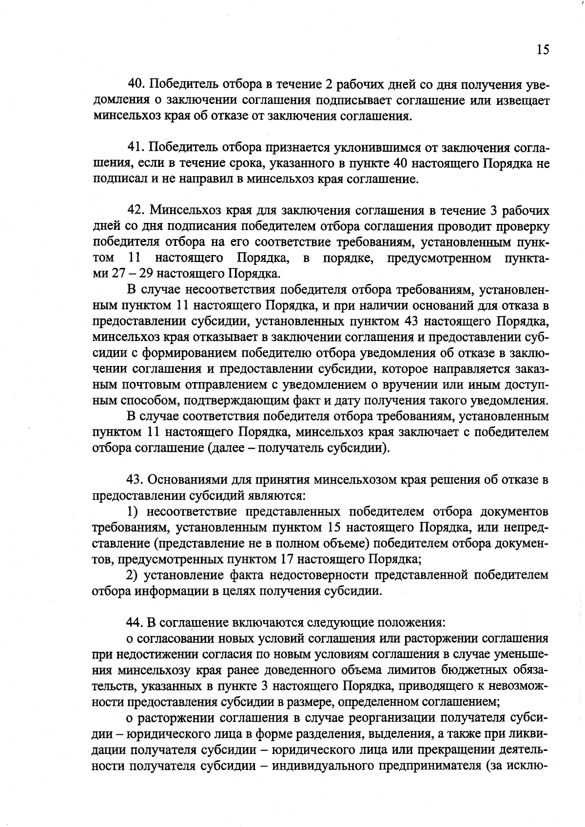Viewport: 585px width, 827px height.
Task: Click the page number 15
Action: [543, 50]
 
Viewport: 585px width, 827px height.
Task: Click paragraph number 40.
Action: [136, 85]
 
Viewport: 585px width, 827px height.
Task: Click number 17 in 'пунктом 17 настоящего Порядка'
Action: [287, 559]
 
